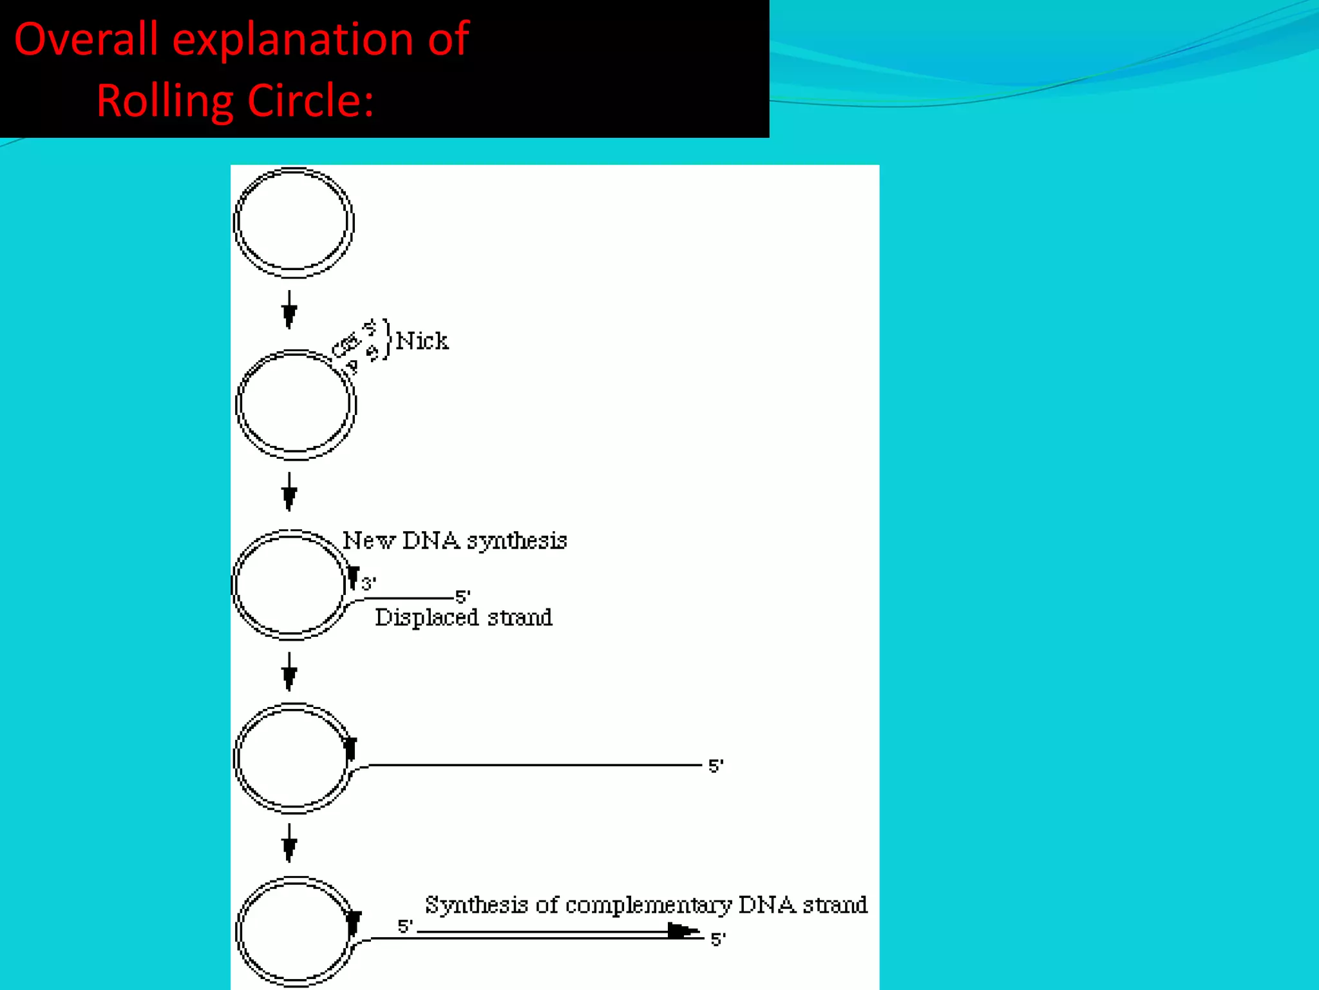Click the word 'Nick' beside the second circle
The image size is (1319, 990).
[422, 340]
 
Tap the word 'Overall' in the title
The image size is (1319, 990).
[86, 39]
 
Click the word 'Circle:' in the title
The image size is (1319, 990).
[310, 101]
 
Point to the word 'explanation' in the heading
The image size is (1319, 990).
[293, 39]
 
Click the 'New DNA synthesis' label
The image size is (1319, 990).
[455, 540]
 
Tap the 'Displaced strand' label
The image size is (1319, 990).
[464, 617]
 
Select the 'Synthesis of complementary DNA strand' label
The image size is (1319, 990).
[646, 904]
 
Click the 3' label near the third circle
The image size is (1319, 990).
[368, 584]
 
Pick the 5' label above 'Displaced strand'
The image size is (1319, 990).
[463, 596]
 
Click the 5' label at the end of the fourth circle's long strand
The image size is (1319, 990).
[716, 766]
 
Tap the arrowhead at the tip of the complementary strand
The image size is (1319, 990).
[683, 931]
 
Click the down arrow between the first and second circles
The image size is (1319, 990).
[289, 310]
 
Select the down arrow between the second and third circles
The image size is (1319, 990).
[289, 492]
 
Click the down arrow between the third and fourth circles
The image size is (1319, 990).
[289, 672]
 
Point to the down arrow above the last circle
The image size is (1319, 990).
[289, 843]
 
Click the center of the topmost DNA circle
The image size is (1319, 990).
[294, 222]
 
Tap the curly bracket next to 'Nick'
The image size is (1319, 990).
[386, 340]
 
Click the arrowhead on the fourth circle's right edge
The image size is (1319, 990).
[350, 750]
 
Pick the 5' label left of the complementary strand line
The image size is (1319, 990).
[405, 926]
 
